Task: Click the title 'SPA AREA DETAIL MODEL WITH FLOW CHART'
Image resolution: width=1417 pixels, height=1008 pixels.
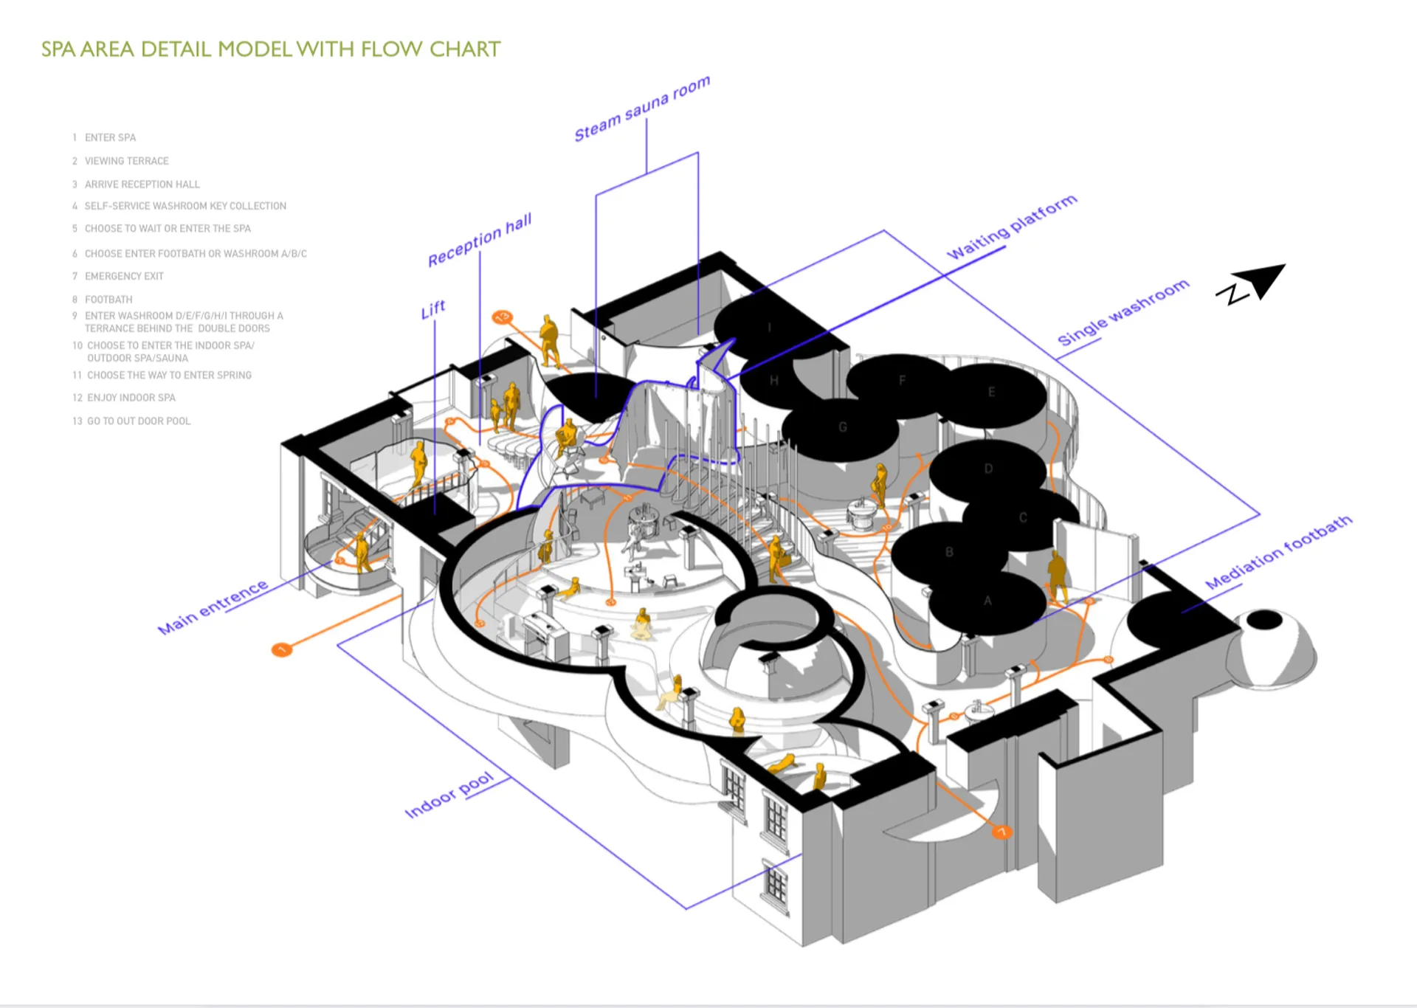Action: click(270, 49)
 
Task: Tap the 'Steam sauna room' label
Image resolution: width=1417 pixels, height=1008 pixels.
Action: click(642, 108)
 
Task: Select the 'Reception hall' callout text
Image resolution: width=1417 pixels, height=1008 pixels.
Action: click(480, 241)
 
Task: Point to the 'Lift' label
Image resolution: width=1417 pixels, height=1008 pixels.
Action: click(433, 309)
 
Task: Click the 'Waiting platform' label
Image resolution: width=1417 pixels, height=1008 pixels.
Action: click(1012, 227)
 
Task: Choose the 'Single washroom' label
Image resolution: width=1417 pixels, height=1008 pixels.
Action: click(1123, 311)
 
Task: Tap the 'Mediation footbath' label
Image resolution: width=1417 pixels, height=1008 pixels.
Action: click(1278, 553)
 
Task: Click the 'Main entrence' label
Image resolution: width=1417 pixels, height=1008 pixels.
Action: click(213, 607)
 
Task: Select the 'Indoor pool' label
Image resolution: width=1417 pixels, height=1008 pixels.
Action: click(449, 795)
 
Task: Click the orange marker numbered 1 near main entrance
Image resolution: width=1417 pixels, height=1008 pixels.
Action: click(281, 649)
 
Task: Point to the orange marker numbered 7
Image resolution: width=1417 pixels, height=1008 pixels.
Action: click(1001, 832)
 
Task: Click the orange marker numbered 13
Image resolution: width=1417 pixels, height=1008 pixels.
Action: click(502, 317)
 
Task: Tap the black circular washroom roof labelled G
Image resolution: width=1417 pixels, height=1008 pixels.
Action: click(842, 428)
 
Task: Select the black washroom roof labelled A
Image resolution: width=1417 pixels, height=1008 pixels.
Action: click(987, 602)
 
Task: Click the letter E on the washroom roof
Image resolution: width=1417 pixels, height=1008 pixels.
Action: click(991, 392)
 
